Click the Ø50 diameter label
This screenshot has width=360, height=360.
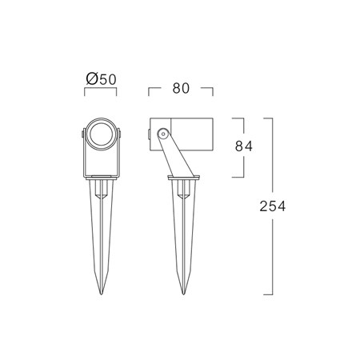coord(102,79)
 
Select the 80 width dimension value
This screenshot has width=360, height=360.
coord(181,88)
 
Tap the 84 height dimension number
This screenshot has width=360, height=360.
coord(244,146)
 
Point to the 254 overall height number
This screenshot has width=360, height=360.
coord(273,206)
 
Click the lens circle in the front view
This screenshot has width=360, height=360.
coord(101,134)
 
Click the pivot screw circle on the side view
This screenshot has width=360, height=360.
coord(162,134)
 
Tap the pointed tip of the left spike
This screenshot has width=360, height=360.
coord(101,294)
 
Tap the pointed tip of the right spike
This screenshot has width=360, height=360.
coord(183,294)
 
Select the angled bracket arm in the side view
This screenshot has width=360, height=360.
coord(176,155)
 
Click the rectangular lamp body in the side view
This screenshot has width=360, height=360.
coord(182,134)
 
